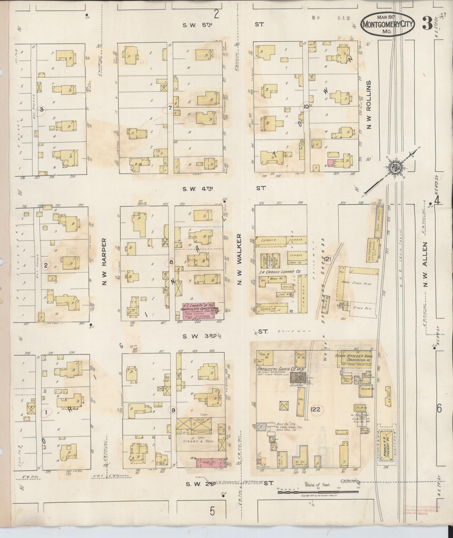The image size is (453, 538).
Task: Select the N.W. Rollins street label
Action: (369, 105)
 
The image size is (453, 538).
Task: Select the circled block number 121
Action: (327, 259)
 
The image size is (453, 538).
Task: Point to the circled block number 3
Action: (42, 110)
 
